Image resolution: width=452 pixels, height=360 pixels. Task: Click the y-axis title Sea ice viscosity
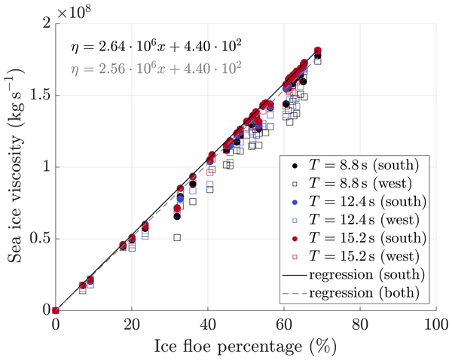[14, 166]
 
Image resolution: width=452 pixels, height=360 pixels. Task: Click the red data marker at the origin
[56, 310]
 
